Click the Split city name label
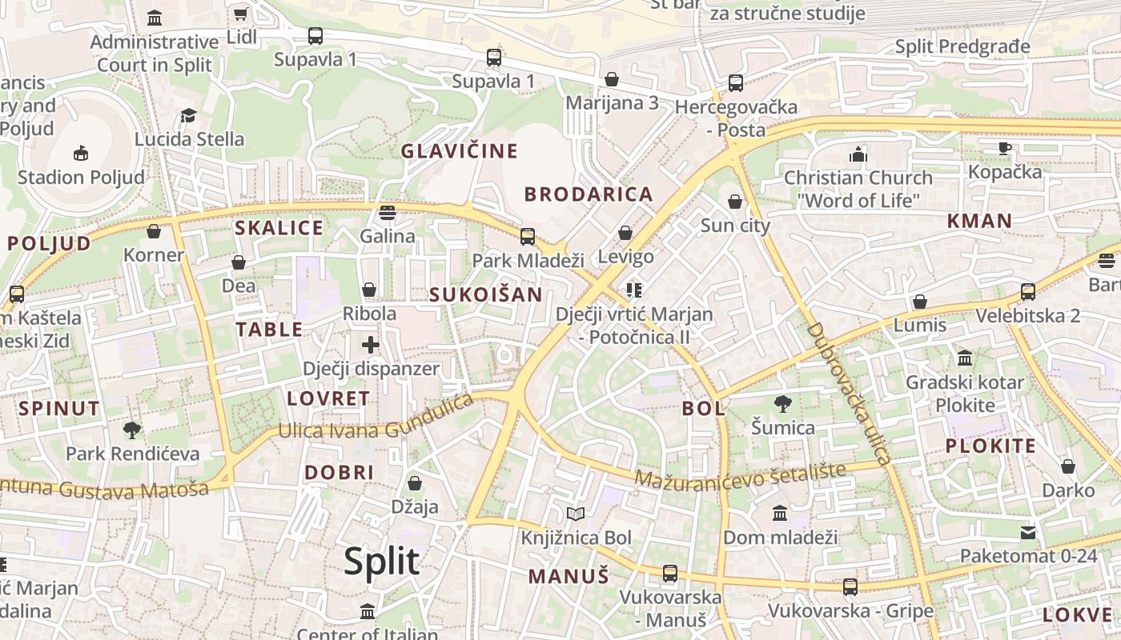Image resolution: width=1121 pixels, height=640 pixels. tap(381, 562)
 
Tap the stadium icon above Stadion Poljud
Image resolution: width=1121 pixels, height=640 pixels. tap(81, 153)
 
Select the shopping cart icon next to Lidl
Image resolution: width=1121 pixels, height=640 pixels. tap(240, 14)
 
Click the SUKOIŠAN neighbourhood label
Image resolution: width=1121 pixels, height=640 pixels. tap(486, 294)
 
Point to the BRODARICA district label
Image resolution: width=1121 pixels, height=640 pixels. tap(589, 194)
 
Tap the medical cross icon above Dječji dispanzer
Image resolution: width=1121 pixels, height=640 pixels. tap(370, 345)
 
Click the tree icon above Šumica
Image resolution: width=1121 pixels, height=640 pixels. tap(782, 404)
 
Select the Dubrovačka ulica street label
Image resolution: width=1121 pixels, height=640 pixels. tap(848, 394)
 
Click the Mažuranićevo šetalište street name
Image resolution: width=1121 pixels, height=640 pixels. tap(740, 474)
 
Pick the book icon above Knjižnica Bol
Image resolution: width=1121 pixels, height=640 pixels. tap(576, 514)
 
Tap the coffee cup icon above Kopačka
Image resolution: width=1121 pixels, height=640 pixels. tap(1005, 148)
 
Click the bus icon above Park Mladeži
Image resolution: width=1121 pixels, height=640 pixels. tap(527, 236)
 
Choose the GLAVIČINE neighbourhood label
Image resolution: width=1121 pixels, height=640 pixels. tap(460, 151)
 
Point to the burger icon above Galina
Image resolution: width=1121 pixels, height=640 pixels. tap(388, 213)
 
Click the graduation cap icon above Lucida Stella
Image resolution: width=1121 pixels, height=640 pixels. tap(188, 116)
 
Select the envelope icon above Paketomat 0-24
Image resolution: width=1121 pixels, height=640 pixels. tap(1028, 532)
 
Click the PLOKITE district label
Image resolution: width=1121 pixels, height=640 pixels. tap(990, 446)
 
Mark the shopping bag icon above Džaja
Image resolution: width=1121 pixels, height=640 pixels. tap(415, 483)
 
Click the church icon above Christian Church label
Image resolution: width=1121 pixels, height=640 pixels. tap(858, 154)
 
